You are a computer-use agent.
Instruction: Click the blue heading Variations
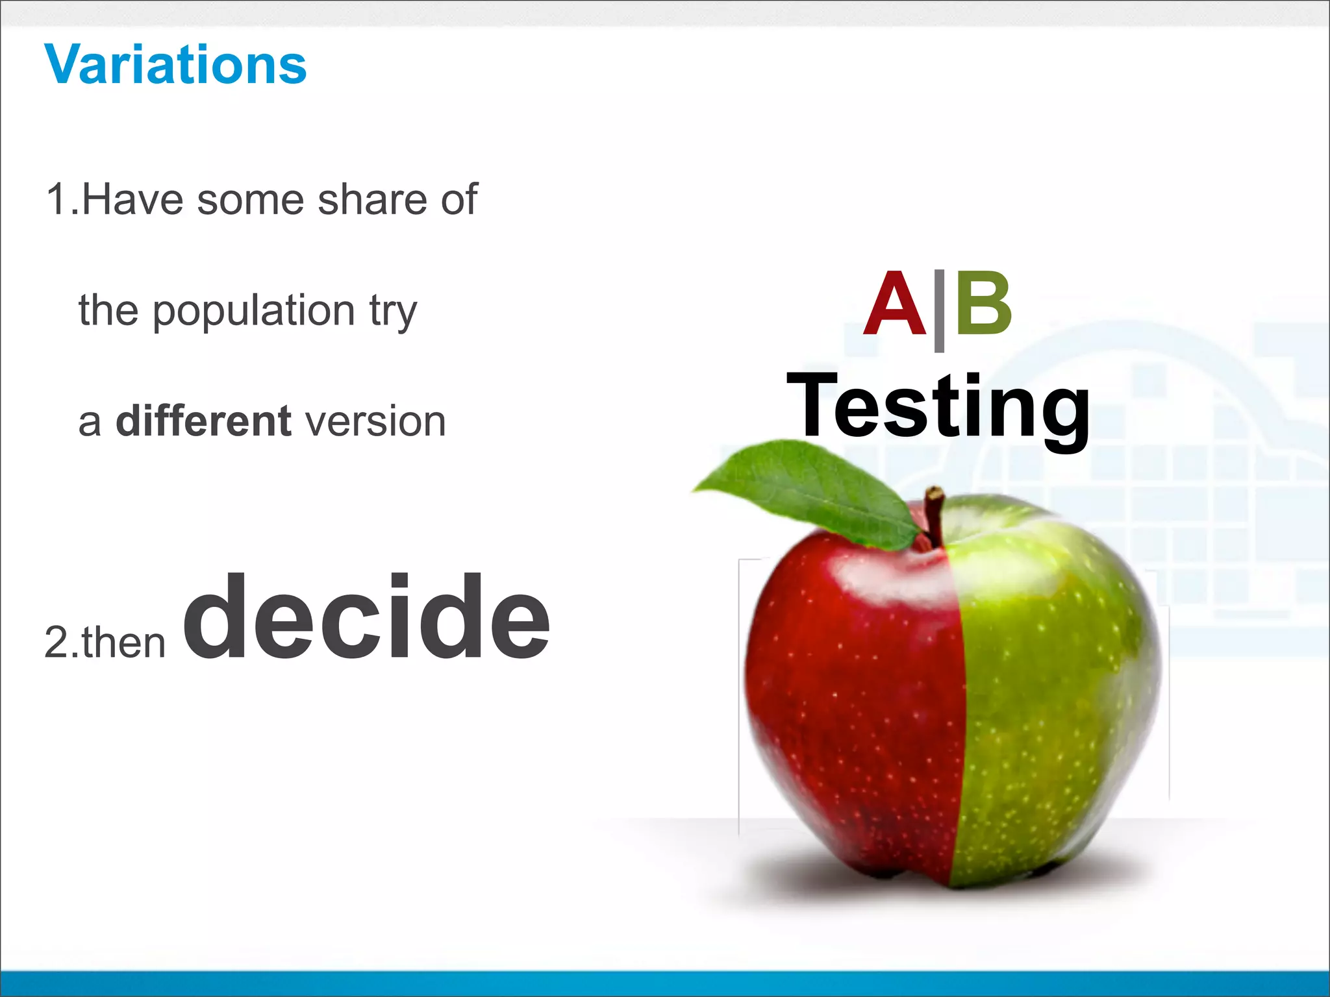click(x=175, y=65)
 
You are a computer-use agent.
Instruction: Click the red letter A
click(x=895, y=305)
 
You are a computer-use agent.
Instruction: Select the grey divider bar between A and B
click(x=939, y=310)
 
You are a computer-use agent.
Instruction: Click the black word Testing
click(x=938, y=408)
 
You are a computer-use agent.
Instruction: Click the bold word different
click(x=203, y=421)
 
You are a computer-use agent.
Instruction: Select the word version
click(x=375, y=423)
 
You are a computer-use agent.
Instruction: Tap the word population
click(x=254, y=312)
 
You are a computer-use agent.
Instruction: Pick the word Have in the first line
click(x=132, y=199)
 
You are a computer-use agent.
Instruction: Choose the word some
click(x=251, y=201)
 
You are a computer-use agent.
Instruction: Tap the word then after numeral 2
click(x=123, y=643)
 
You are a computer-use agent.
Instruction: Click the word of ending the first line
click(x=459, y=199)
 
